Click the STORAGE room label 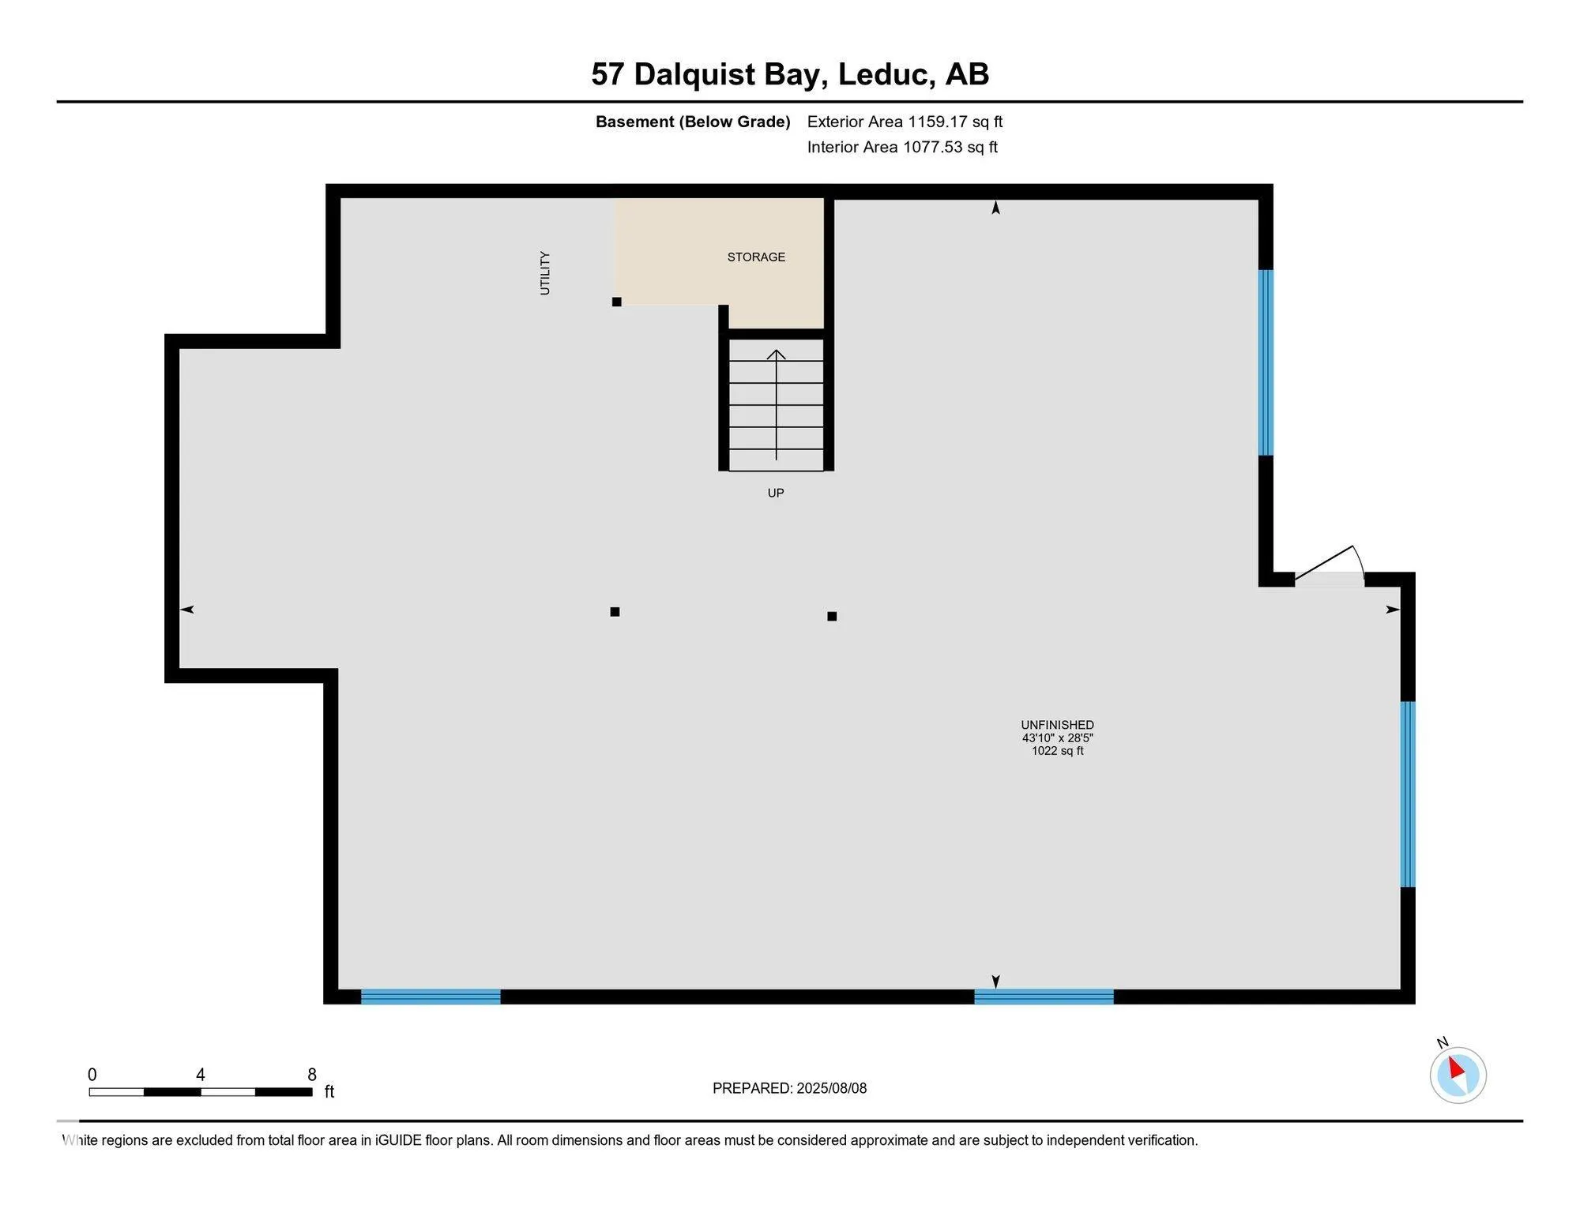(x=756, y=257)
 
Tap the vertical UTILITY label (x=544, y=273)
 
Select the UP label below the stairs (x=776, y=493)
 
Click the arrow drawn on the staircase (x=777, y=403)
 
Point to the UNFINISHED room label (x=1057, y=725)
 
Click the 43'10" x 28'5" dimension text (x=1057, y=738)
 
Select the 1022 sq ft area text (x=1057, y=751)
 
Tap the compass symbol (x=1458, y=1074)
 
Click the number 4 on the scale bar (x=201, y=1075)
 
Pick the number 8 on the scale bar (x=312, y=1075)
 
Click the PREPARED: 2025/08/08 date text (x=789, y=1088)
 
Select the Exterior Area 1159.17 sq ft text (x=905, y=122)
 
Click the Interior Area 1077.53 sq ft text (x=902, y=147)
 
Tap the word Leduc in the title (x=882, y=74)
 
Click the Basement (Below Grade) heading (x=693, y=122)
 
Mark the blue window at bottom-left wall (x=431, y=997)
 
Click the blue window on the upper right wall (x=1266, y=362)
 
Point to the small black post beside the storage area (x=617, y=302)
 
